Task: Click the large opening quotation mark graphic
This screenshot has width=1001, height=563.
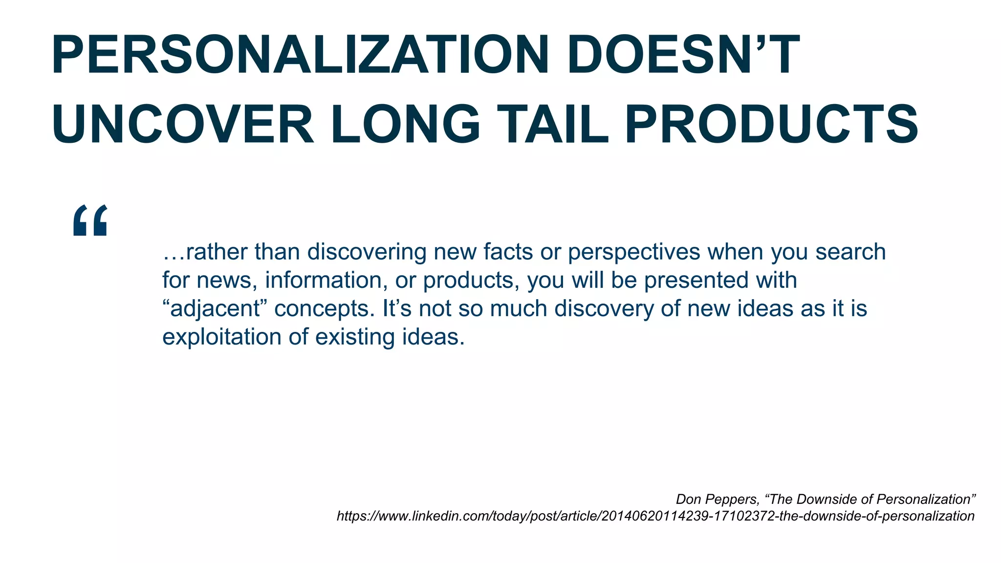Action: tap(90, 220)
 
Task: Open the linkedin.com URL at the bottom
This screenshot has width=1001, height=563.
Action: tap(655, 516)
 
